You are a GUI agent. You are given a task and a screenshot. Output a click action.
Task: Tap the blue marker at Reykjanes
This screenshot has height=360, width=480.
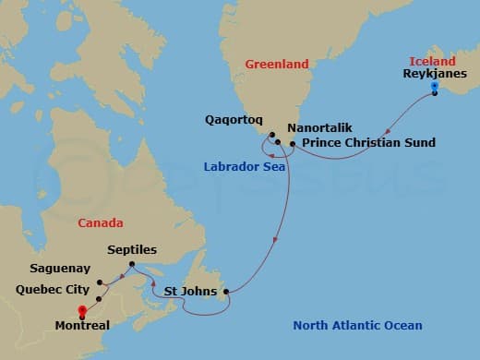(434, 90)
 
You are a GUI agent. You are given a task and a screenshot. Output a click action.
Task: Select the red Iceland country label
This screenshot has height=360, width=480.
(432, 61)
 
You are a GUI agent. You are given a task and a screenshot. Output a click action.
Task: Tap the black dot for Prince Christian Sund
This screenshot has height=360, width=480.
(293, 144)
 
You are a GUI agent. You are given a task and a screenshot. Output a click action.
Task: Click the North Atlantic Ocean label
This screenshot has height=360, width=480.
(357, 325)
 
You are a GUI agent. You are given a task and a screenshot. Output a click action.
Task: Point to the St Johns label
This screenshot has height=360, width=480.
(191, 292)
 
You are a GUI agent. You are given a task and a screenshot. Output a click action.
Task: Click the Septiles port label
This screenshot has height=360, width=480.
(132, 249)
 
